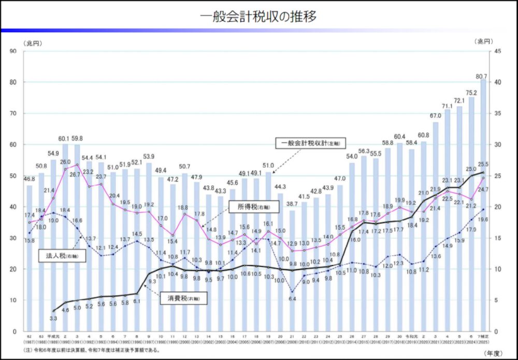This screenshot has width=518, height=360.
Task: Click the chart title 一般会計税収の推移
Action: [x=258, y=16]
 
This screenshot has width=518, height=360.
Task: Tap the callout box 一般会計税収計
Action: [x=310, y=142]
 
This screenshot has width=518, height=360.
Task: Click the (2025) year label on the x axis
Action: [x=483, y=343]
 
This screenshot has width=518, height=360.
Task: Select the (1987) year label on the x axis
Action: [x=30, y=343]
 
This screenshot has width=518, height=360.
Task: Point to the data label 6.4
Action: [x=292, y=299]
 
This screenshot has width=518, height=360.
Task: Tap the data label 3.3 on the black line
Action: [x=53, y=318]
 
